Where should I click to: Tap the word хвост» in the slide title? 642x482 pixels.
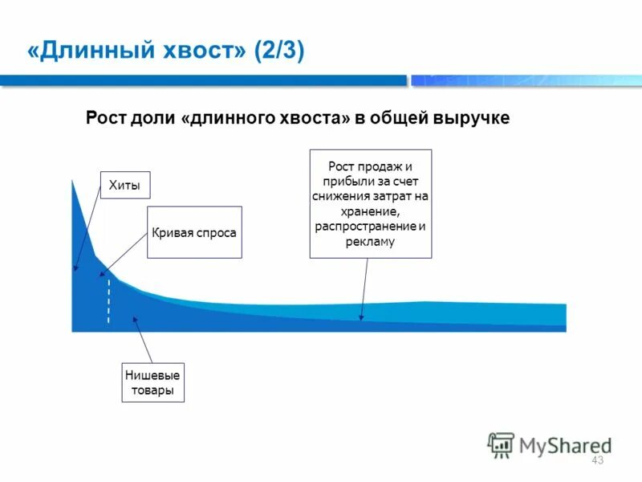coord(205,53)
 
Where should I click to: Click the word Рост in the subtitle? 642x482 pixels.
coord(104,118)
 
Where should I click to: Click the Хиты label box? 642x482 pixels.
coord(124,186)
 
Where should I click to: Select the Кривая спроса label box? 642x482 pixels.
coord(194,232)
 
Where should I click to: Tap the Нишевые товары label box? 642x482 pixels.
coord(152,382)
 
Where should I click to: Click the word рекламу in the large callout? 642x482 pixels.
coord(371,241)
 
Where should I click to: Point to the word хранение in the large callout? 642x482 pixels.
coord(371,211)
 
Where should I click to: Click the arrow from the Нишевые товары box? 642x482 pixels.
coord(143,340)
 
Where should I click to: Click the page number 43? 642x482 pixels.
coord(596,460)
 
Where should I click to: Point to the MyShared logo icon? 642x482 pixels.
coord(501,444)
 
